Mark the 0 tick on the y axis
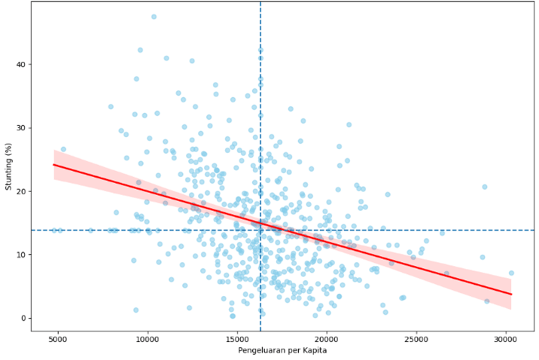pyautogui.click(x=23, y=318)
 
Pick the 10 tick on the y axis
pyautogui.click(x=20, y=255)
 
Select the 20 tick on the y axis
pyautogui.click(x=20, y=191)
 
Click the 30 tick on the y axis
pyautogui.click(x=20, y=128)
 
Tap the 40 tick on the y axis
pyautogui.click(x=20, y=65)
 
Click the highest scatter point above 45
pyautogui.click(x=154, y=17)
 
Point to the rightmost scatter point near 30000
pyautogui.click(x=511, y=273)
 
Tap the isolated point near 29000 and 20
pyautogui.click(x=485, y=187)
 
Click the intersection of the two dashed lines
pyautogui.click(x=260, y=230)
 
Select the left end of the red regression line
pyautogui.click(x=53, y=164)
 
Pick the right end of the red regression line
pyautogui.click(x=511, y=294)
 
